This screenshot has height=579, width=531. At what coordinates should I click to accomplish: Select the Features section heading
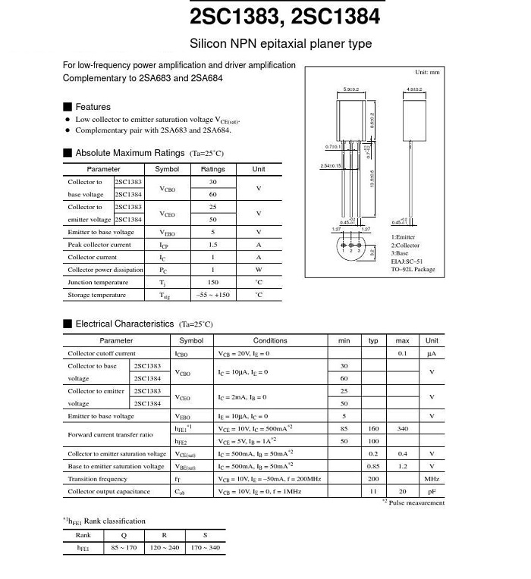coord(93,107)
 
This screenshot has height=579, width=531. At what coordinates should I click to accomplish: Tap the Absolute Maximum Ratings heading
coord(130,153)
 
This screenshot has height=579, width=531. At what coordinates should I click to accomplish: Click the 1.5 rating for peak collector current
coord(213,245)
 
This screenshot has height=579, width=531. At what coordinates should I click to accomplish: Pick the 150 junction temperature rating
coord(213,282)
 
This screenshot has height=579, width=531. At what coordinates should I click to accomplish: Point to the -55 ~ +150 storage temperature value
coord(213,295)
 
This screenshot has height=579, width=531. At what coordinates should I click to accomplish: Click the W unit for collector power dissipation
coord(259,270)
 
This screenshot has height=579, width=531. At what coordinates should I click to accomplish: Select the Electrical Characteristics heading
coord(124,324)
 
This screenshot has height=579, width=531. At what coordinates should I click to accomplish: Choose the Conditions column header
coord(270,341)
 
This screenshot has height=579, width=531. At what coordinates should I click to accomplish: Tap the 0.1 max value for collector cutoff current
coord(403,353)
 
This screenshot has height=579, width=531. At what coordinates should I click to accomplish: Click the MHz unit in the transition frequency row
coord(432,479)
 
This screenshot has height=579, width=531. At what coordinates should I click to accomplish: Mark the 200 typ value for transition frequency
coord(373,479)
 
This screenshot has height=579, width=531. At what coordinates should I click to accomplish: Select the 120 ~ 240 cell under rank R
coord(165,547)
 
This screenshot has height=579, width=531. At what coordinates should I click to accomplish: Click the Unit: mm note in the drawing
coord(427,72)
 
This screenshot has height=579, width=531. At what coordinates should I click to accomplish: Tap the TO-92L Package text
coord(413,269)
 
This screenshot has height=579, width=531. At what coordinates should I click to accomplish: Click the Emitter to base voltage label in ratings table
coord(101,232)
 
